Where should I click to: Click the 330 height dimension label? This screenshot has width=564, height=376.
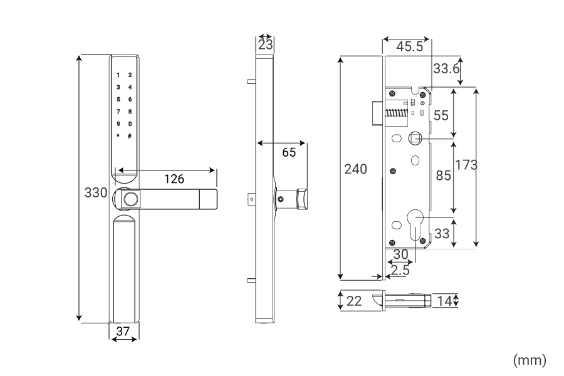[x=96, y=192]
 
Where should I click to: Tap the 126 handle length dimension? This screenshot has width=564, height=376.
[x=174, y=179]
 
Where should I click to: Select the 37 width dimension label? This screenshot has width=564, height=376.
[x=123, y=332]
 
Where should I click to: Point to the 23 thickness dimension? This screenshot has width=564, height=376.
[x=265, y=45]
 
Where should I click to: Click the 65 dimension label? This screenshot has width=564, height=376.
[x=289, y=152]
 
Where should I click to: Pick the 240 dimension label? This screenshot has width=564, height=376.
[x=356, y=169]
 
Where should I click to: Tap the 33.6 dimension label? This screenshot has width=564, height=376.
[x=446, y=68]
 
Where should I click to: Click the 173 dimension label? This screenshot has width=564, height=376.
[x=466, y=165]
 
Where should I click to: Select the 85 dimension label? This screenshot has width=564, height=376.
[x=443, y=175]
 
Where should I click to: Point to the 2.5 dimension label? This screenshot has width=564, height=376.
[x=400, y=270]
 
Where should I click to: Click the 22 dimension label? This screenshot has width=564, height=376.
[x=354, y=301]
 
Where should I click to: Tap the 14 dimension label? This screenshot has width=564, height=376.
[x=444, y=301]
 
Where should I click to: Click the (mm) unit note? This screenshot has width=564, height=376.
[x=530, y=360]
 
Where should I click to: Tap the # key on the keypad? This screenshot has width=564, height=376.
[x=130, y=136]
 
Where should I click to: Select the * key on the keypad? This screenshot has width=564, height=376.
[x=117, y=136]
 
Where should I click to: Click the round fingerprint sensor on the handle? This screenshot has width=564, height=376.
[x=130, y=199]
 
